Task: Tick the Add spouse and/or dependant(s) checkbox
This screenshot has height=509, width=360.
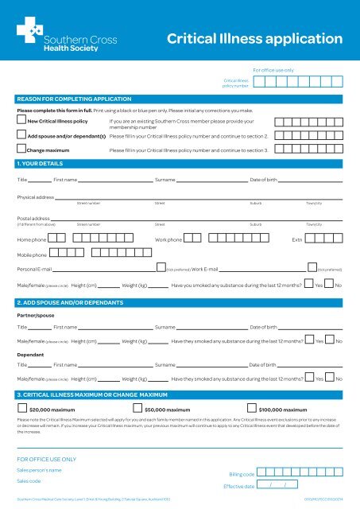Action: [x=21, y=135]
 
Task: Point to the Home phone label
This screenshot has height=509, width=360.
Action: [x=31, y=239]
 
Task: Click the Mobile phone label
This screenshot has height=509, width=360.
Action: [x=33, y=254]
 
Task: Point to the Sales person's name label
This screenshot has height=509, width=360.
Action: [x=40, y=470]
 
